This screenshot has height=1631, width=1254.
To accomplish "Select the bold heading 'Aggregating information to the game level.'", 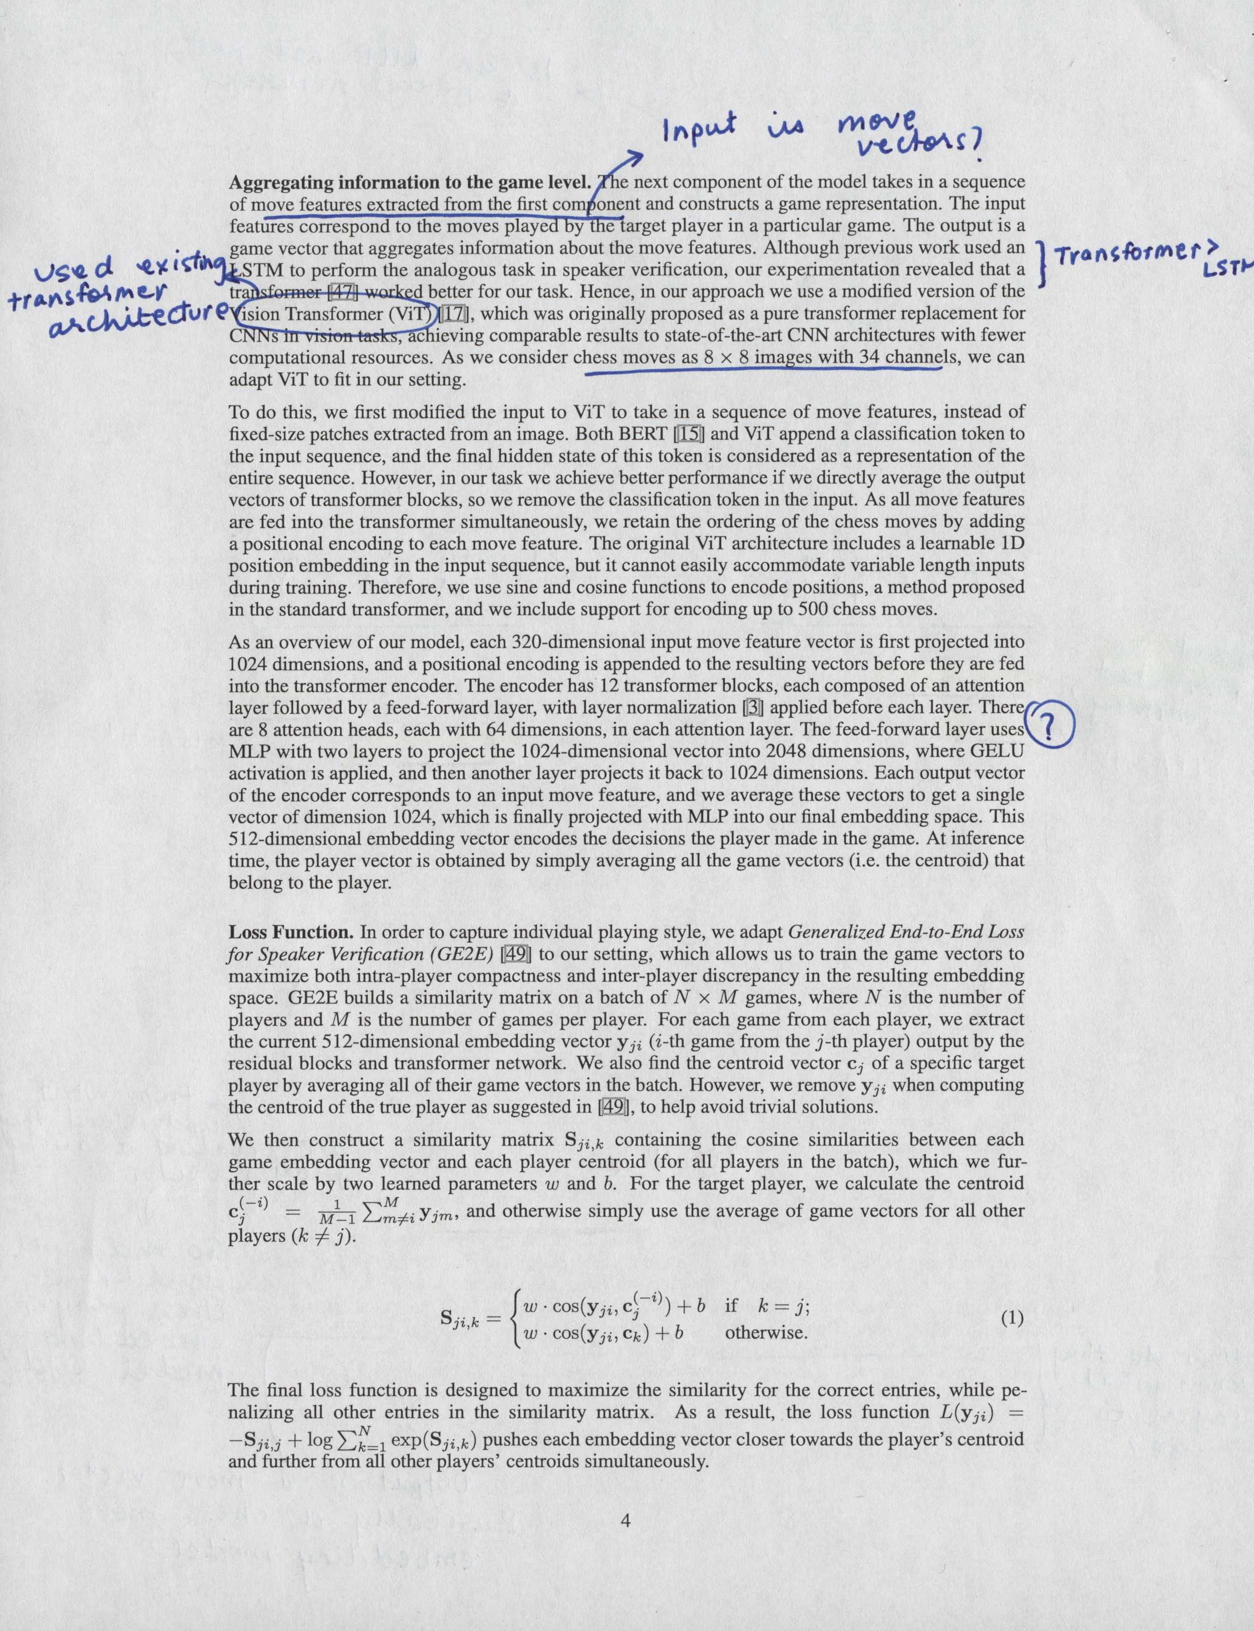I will tap(411, 182).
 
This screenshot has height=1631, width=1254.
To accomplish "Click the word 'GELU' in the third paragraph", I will tap(1000, 750).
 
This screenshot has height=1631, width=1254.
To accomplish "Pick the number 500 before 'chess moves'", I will tap(814, 608).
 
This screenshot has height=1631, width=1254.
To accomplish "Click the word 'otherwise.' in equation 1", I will tap(766, 1333).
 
